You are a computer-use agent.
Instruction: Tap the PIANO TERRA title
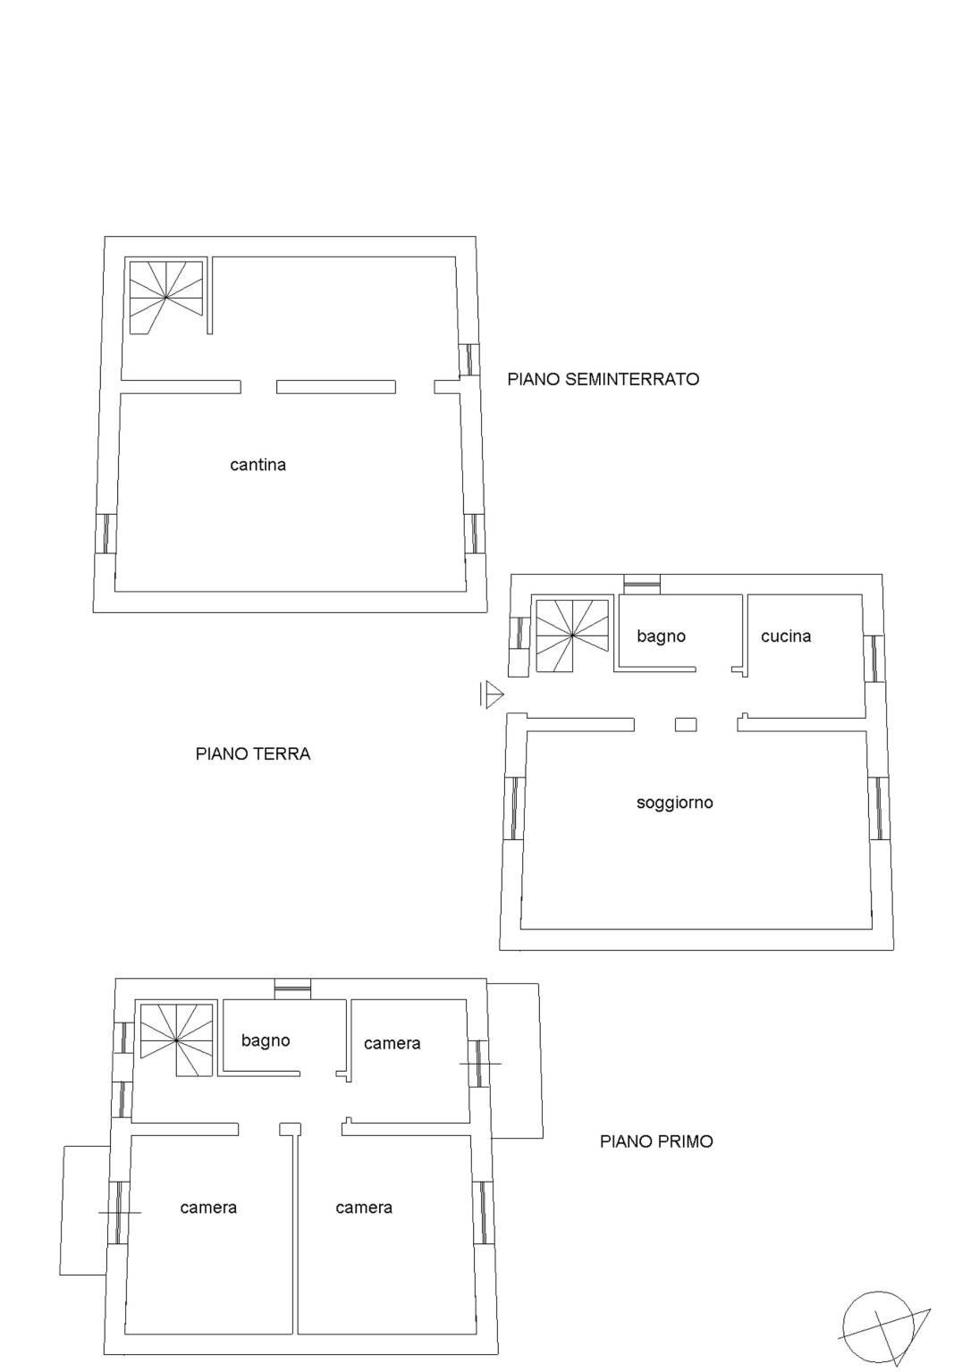pyautogui.click(x=253, y=753)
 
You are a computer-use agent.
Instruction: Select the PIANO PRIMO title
pyautogui.click(x=656, y=1141)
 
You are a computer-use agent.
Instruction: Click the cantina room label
pyautogui.click(x=257, y=465)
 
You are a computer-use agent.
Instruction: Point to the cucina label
pyautogui.click(x=786, y=636)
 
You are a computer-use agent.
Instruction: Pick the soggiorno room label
pyautogui.click(x=674, y=803)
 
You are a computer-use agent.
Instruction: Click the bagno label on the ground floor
pyautogui.click(x=661, y=636)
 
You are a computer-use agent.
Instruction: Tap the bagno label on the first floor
pyautogui.click(x=266, y=1040)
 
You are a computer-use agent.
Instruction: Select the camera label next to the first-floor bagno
pyautogui.click(x=392, y=1044)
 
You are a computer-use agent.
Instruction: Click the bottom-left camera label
pyautogui.click(x=208, y=1208)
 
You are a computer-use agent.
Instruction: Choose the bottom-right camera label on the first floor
pyautogui.click(x=364, y=1208)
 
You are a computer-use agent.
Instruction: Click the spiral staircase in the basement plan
pyautogui.click(x=166, y=297)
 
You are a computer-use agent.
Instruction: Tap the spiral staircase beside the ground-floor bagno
pyautogui.click(x=572, y=635)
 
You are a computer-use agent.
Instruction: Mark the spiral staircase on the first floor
pyautogui.click(x=176, y=1040)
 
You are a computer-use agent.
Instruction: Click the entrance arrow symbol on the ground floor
pyautogui.click(x=492, y=694)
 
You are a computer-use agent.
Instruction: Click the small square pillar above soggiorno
pyautogui.click(x=686, y=725)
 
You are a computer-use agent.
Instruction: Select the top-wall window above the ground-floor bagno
pyautogui.click(x=642, y=584)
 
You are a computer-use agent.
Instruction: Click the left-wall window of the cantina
pyautogui.click(x=105, y=534)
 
